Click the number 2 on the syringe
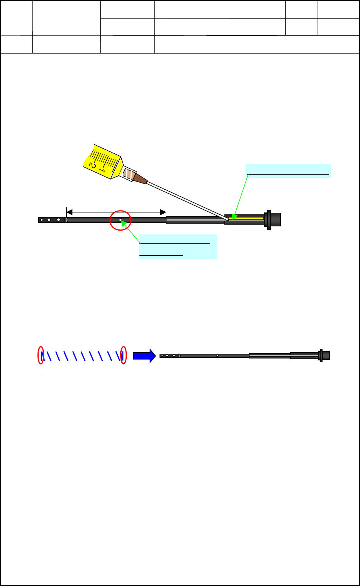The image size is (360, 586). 92,165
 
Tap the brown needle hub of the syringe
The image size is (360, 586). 140,178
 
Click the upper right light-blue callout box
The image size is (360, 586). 288,171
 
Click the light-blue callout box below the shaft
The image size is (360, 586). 178,246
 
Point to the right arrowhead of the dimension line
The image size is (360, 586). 163,212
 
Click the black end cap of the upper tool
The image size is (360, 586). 275,219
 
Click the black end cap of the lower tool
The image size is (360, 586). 326,355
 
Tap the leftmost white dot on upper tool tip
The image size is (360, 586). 42,220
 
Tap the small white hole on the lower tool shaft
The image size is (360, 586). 217,355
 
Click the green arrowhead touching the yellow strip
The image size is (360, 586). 234,217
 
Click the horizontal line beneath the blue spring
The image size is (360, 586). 126,375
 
